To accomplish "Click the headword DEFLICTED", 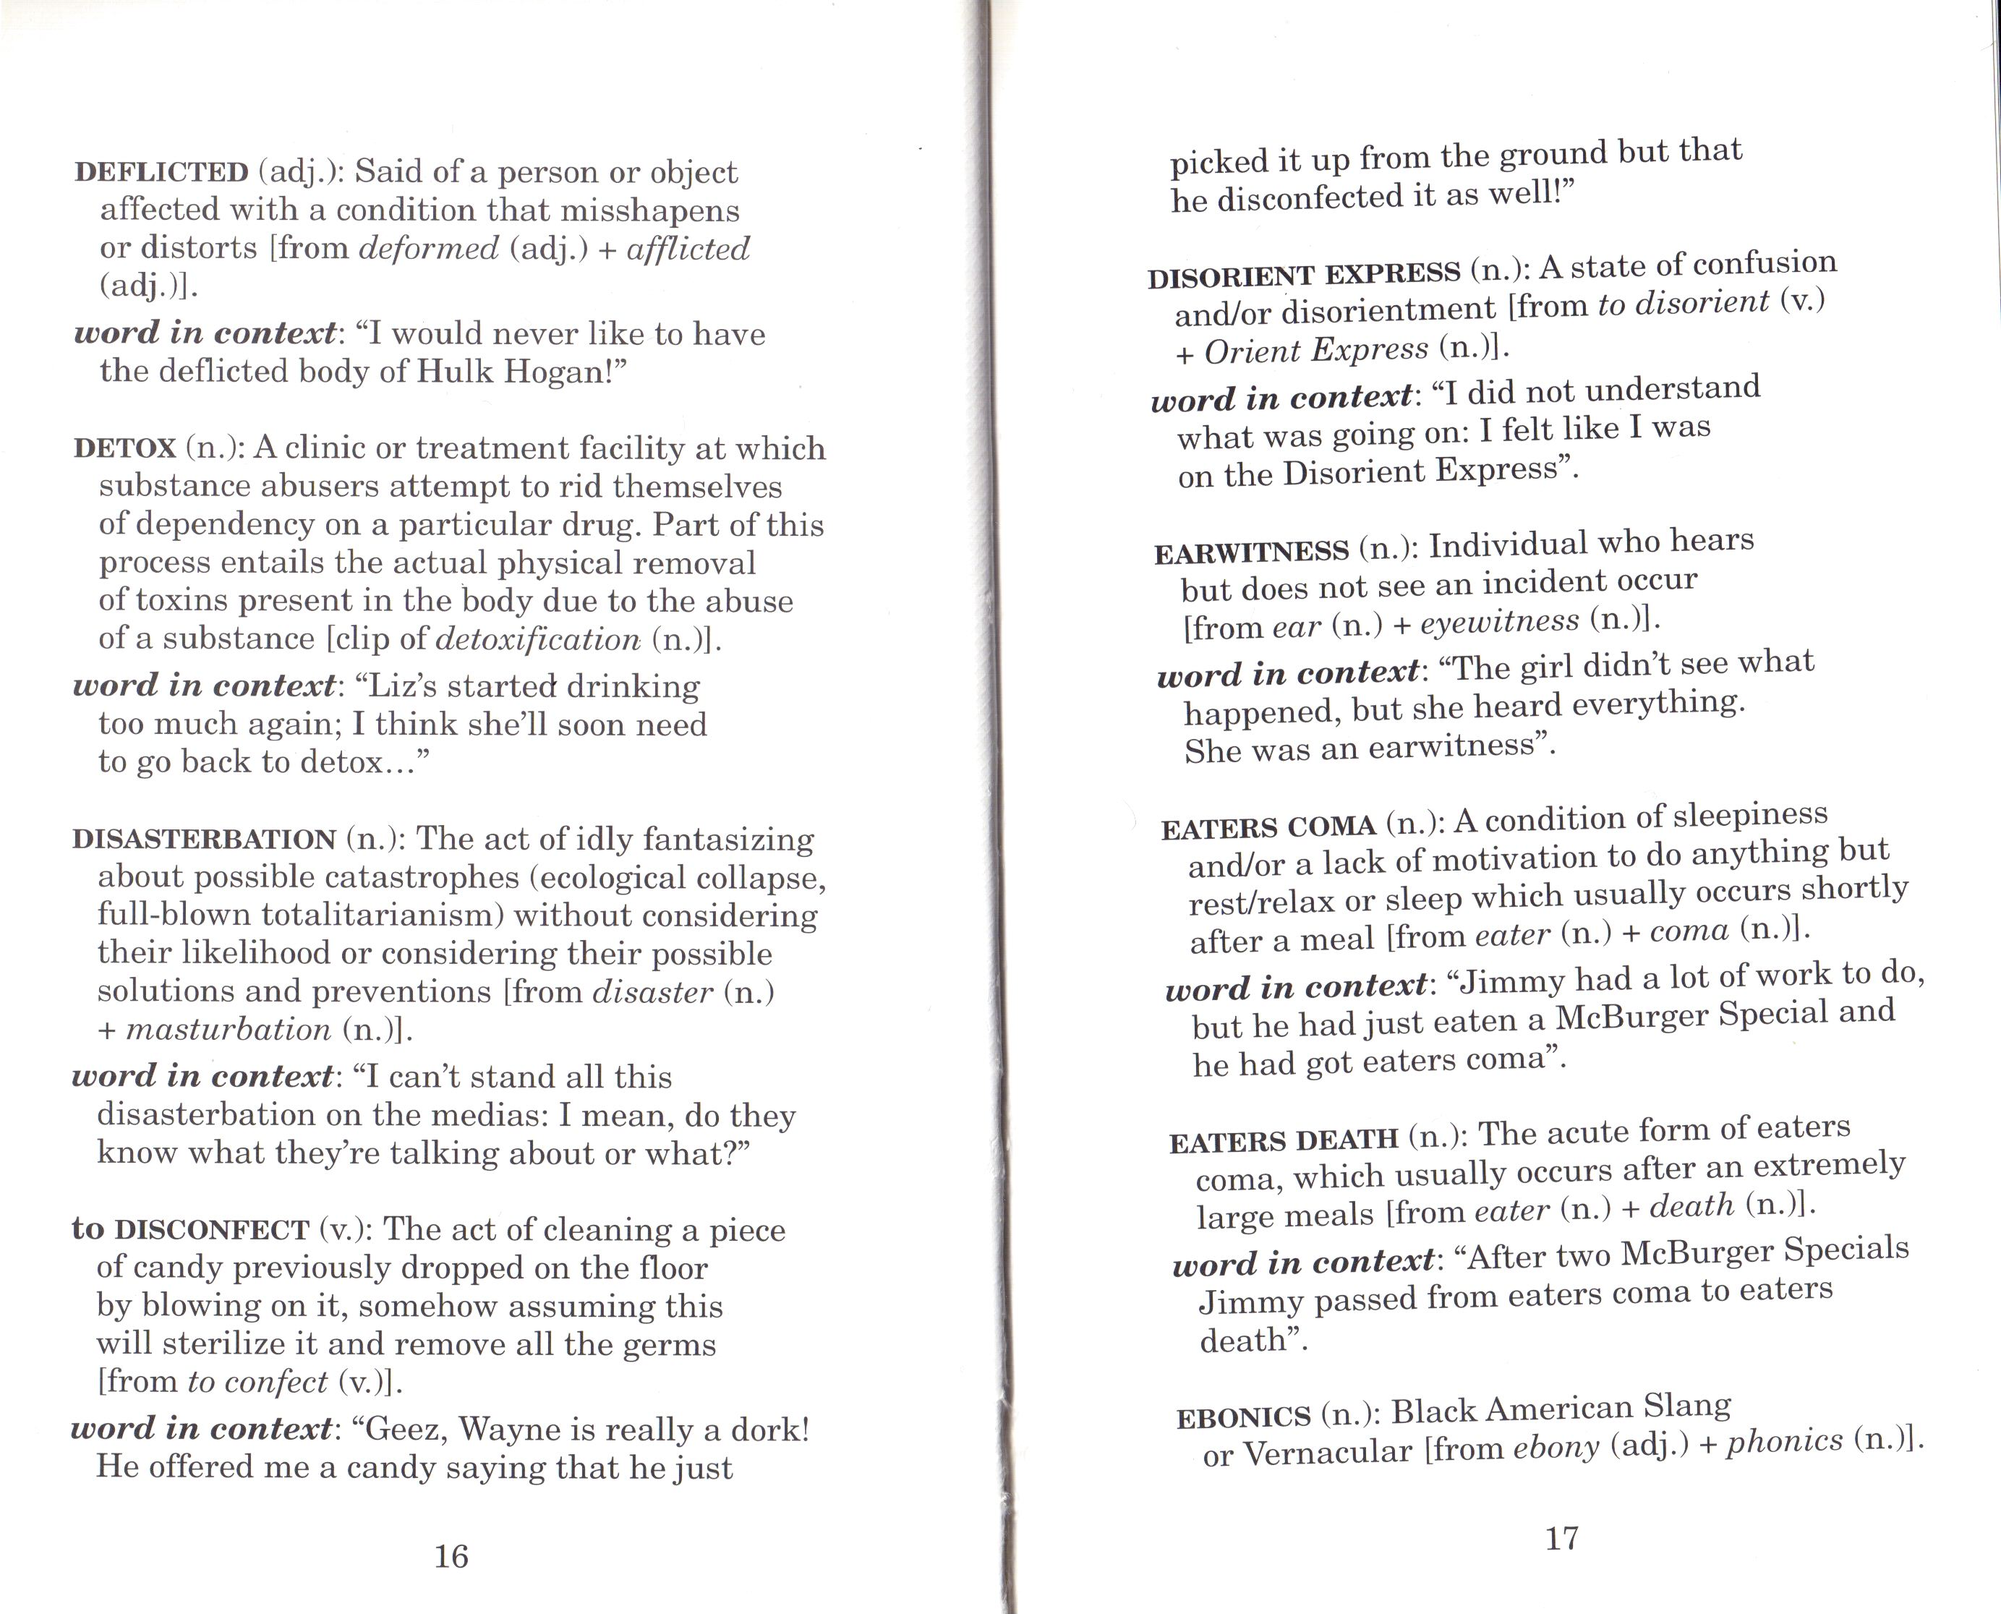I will [161, 173].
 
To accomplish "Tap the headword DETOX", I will [124, 449].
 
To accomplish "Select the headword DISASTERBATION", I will [204, 840].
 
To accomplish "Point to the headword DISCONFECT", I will [211, 1231].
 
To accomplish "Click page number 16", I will [451, 1556].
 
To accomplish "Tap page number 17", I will [1561, 1539].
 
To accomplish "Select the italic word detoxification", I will [537, 640].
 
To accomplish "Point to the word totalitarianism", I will [381, 915].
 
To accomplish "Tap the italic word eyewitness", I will [1499, 622].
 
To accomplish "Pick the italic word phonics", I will [1784, 1440].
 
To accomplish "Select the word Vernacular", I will [1327, 1451].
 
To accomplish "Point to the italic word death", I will [1691, 1206].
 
